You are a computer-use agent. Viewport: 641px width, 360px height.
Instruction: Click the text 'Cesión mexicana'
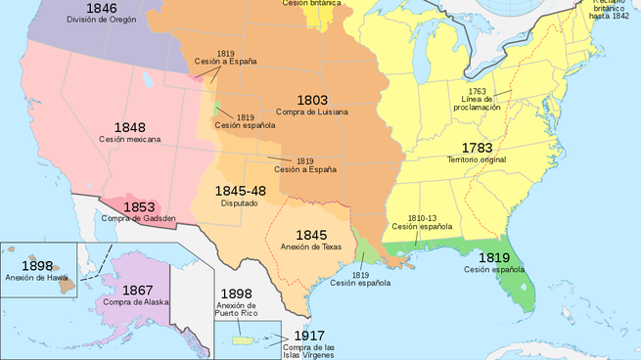129,140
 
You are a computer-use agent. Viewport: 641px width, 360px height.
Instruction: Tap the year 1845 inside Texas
311,235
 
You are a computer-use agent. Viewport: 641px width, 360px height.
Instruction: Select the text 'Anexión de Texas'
311,247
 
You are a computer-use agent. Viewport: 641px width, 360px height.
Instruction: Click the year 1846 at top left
100,8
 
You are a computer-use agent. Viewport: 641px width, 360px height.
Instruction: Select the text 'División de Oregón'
101,20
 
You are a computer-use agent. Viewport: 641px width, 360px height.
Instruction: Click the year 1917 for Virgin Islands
310,336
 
